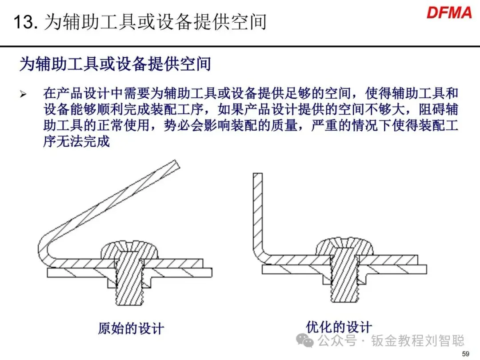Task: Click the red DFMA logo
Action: tap(449, 13)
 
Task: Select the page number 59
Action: tap(465, 354)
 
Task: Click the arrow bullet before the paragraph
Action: tap(23, 94)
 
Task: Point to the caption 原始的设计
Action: tap(131, 328)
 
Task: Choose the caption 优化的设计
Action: tap(339, 327)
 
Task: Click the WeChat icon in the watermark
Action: tap(304, 340)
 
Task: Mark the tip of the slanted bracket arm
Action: tap(176, 164)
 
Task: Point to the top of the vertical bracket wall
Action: tap(258, 174)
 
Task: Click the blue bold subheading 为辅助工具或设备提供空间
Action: tap(115, 64)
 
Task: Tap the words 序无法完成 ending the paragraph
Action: tap(76, 141)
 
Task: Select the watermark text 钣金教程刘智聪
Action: tap(418, 340)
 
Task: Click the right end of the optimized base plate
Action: tap(426, 269)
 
